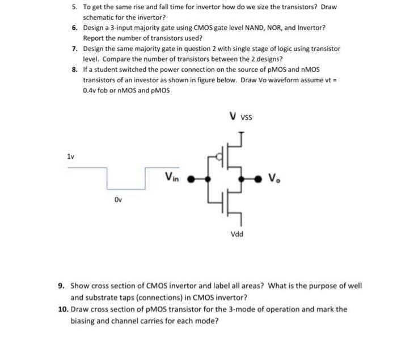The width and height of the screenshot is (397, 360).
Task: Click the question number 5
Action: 75,7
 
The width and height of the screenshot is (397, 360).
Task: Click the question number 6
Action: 75,28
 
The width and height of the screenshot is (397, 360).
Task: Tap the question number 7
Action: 75,49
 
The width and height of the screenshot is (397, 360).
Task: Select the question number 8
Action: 75,69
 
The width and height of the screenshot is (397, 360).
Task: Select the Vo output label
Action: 275,178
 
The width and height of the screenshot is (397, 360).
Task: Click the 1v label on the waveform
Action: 71,155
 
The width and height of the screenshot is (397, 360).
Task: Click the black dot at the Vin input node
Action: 190,179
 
